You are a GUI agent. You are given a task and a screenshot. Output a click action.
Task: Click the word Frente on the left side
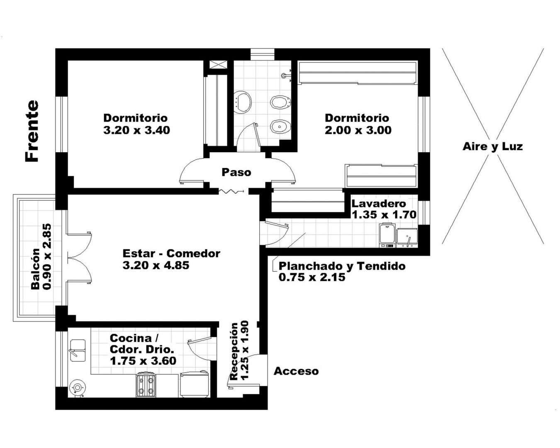coord(32,131)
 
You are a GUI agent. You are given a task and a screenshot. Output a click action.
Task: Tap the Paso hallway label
coord(236,172)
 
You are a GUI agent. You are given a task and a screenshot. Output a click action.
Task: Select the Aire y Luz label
coord(493,147)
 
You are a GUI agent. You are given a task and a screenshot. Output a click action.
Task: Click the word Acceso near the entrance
coord(296,371)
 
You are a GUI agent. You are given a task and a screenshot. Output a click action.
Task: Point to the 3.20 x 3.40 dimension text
coord(136,130)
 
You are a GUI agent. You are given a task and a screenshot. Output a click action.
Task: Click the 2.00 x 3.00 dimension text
coord(358,130)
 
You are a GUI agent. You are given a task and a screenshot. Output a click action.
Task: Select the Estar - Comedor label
coord(171,253)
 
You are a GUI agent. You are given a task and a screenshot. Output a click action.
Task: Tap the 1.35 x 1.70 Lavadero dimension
coord(384,215)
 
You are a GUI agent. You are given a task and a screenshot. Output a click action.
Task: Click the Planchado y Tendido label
coord(342,266)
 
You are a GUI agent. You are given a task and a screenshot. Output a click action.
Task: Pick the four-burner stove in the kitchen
coord(146,385)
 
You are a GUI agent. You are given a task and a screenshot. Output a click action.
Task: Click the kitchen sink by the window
coord(78,350)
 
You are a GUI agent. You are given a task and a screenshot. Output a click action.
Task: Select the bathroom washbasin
coord(242,102)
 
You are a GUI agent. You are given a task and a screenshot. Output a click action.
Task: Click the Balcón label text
coord(35,269)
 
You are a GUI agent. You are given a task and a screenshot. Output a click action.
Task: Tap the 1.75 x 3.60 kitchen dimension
coord(143,361)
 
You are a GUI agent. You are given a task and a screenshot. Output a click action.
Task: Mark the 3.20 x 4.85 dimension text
coord(156,265)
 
